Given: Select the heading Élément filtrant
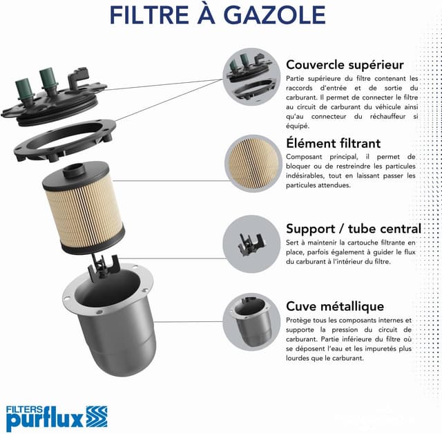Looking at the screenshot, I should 333,144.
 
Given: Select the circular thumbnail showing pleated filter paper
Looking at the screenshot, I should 251,161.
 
